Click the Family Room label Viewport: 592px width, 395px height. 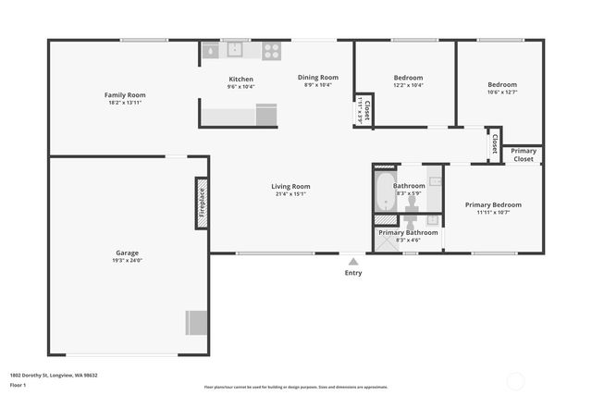(125, 95)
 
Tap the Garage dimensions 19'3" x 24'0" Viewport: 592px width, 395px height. (129, 260)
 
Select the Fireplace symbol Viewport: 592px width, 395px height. (201, 203)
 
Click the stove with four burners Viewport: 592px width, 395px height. (271, 51)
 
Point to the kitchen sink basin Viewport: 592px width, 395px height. (236, 49)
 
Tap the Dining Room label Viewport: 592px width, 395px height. (317, 77)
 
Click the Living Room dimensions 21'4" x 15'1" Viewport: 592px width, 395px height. (290, 194)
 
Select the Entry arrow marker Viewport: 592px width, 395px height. (352, 260)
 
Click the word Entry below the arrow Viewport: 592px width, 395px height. (353, 273)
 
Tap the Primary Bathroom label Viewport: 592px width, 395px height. (408, 232)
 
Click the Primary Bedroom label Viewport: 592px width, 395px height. (493, 204)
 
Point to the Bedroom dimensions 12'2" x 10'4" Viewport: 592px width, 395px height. (408, 85)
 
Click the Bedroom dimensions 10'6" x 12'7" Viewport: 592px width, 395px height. (502, 92)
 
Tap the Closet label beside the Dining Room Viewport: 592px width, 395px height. (364, 111)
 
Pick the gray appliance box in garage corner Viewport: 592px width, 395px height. (197, 322)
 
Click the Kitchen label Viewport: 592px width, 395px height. (240, 79)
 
